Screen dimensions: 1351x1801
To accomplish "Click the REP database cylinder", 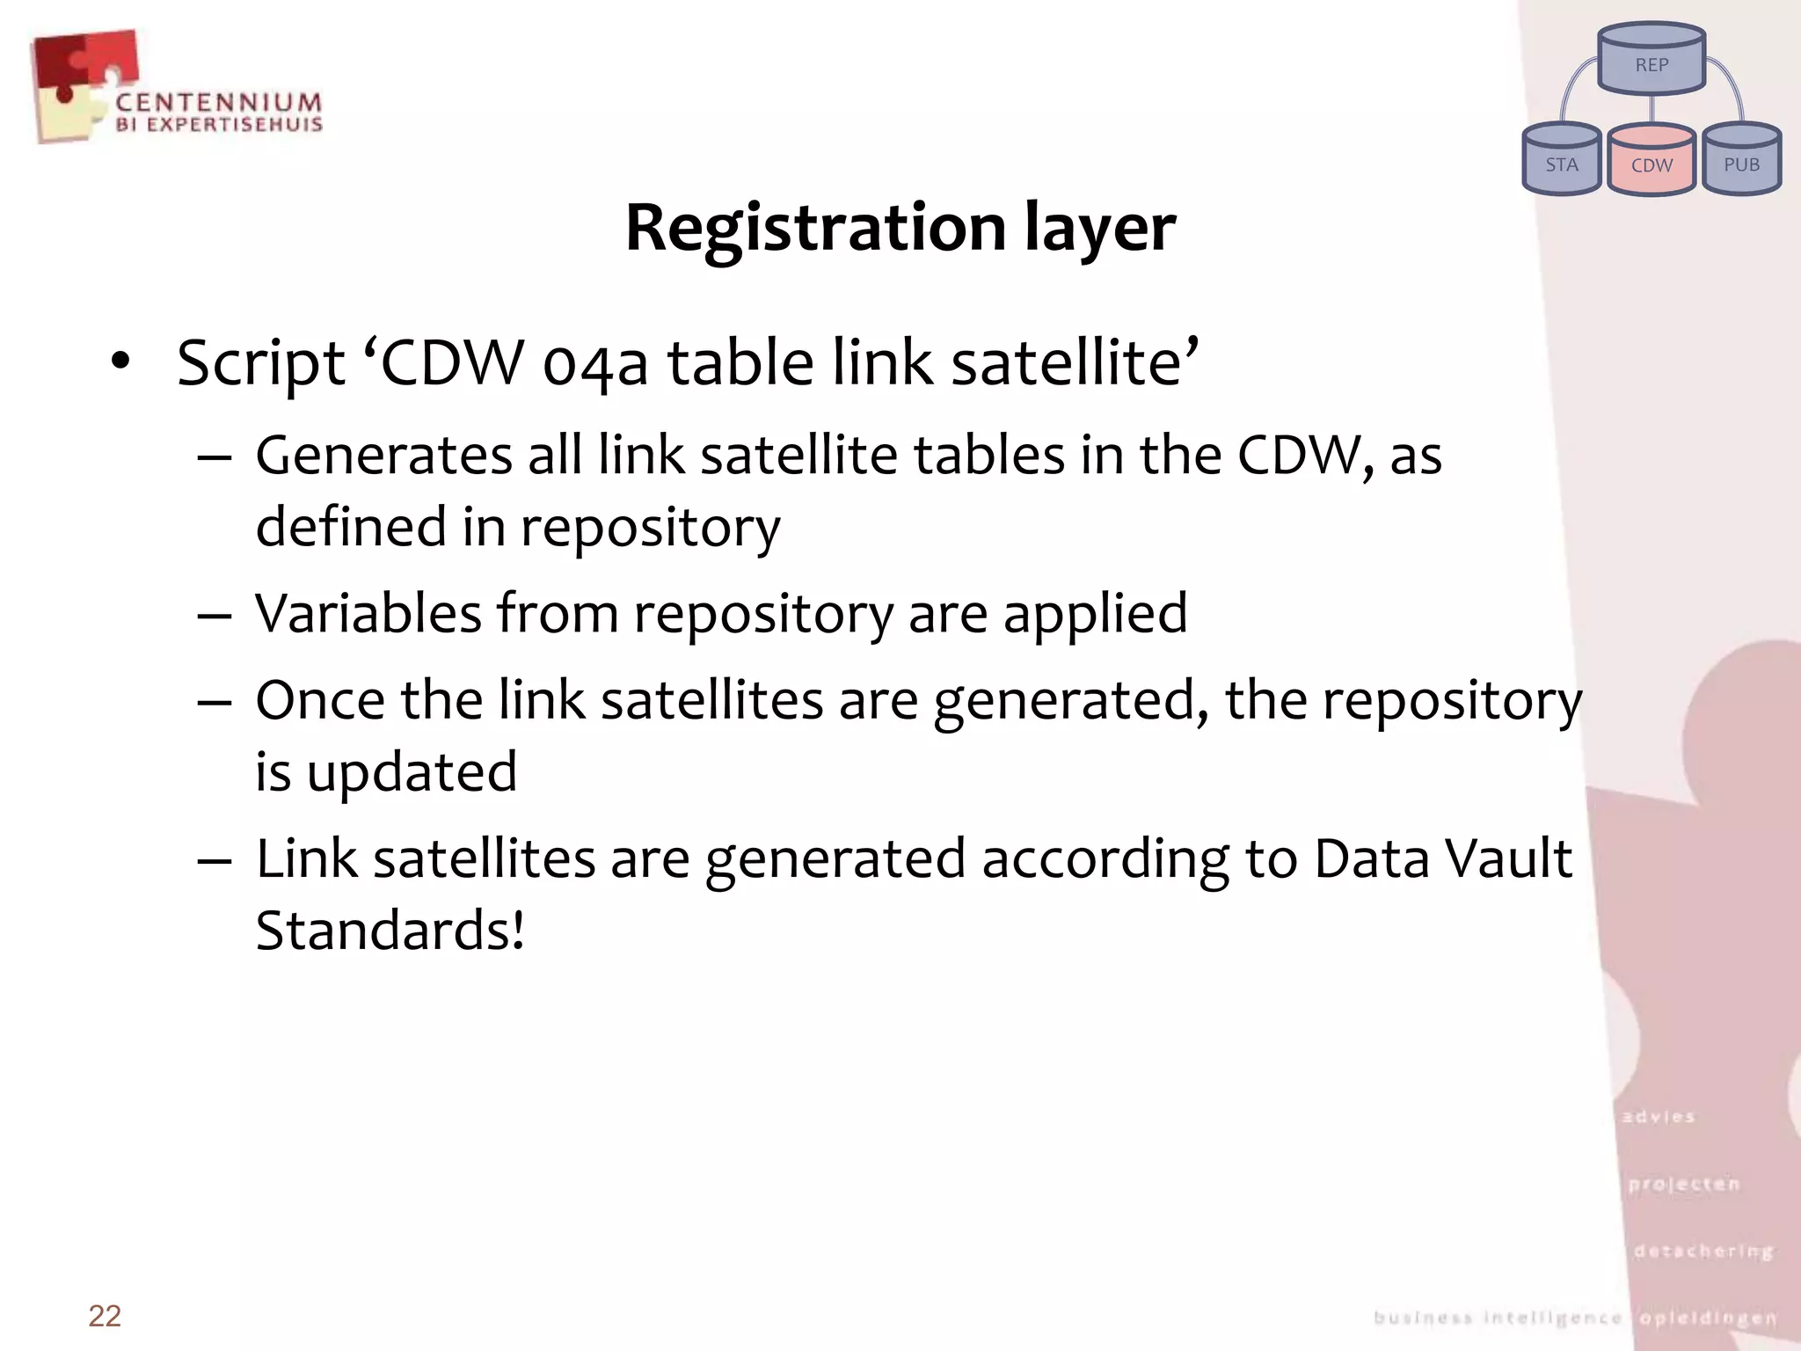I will [1652, 60].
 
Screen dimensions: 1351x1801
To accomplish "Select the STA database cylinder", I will [1561, 160].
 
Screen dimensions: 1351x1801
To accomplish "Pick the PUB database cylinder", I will [1741, 160].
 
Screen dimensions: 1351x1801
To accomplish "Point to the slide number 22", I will [105, 1316].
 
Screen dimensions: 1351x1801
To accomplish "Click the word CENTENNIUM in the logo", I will [218, 103].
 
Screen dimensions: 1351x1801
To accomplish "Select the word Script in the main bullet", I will [260, 364].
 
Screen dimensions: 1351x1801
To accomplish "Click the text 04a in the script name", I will [595, 364].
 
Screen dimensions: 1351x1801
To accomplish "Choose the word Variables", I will [368, 613].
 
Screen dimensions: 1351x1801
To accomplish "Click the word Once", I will [320, 701].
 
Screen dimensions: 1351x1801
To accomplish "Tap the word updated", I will [412, 773].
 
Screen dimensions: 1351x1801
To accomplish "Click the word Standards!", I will [390, 931].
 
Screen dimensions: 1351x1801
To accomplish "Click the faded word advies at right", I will [1658, 1117].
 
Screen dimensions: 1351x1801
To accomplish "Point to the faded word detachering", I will [1703, 1251].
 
